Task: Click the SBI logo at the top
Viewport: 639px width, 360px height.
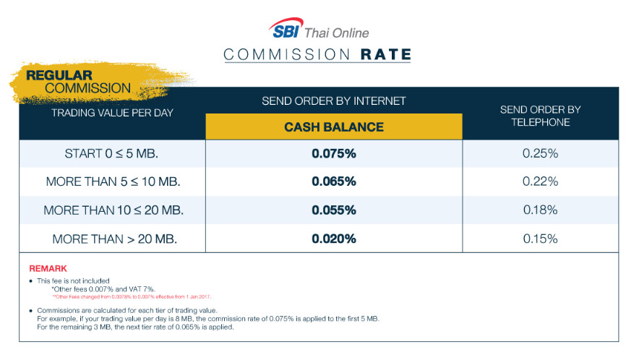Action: (x=286, y=28)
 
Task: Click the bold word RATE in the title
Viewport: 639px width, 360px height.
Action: (x=385, y=54)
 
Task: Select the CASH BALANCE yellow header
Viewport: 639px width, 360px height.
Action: (x=334, y=127)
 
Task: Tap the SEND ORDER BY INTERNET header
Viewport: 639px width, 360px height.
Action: (x=334, y=100)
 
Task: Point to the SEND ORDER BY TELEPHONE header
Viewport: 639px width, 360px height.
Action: (x=541, y=116)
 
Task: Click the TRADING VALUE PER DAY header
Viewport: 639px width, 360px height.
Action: (x=113, y=113)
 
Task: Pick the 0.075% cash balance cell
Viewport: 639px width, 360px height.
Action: (x=334, y=154)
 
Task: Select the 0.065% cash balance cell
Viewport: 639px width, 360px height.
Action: (x=334, y=181)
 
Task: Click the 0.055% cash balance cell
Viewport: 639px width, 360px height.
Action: (x=334, y=210)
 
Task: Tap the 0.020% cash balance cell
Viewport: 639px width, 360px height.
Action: (x=334, y=239)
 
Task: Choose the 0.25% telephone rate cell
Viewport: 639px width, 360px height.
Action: (x=541, y=154)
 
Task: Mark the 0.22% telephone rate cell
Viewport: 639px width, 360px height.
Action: (x=541, y=181)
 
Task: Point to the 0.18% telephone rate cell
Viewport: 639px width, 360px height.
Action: (x=541, y=210)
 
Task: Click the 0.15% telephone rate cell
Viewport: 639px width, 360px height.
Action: (x=541, y=239)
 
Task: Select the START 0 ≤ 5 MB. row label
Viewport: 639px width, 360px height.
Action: (x=111, y=154)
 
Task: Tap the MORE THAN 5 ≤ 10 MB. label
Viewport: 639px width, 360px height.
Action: (x=113, y=181)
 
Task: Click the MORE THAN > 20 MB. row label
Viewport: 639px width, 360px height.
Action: (x=114, y=239)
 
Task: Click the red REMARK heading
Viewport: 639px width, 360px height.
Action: (x=48, y=269)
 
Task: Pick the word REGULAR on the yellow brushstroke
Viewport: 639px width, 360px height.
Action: (x=59, y=75)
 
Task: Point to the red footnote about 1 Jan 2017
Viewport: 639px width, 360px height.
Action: (x=132, y=297)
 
